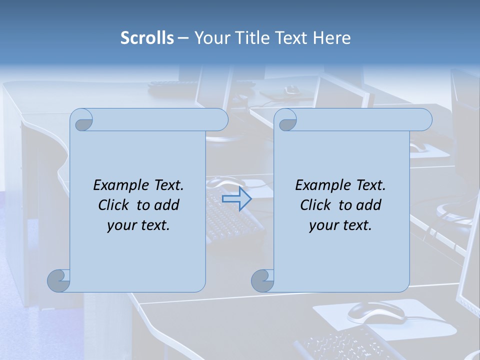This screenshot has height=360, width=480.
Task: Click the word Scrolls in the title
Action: tap(147, 37)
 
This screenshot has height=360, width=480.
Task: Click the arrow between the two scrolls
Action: tap(237, 199)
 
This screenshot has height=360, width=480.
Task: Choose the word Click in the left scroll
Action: tap(114, 205)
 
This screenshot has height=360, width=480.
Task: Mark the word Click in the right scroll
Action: tap(316, 205)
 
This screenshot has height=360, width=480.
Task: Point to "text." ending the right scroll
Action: tap(357, 225)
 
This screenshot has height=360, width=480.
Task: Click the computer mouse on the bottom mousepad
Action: tap(376, 312)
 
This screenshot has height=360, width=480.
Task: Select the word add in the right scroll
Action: tap(369, 205)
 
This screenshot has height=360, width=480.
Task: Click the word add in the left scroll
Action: tap(167, 205)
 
